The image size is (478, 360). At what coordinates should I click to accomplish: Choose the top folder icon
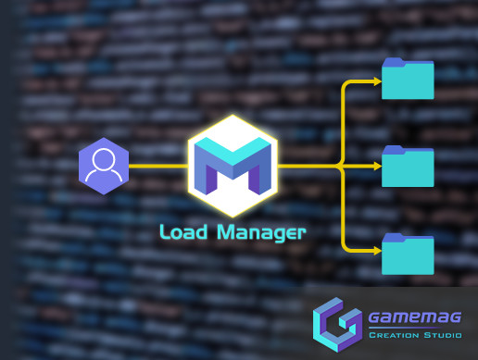click(x=408, y=80)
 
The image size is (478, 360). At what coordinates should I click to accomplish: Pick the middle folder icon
click(x=408, y=167)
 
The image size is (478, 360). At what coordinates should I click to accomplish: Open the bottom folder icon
click(x=408, y=254)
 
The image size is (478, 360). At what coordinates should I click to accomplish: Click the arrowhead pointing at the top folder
click(x=376, y=81)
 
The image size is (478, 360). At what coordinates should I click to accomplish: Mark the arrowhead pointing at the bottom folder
click(x=376, y=248)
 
